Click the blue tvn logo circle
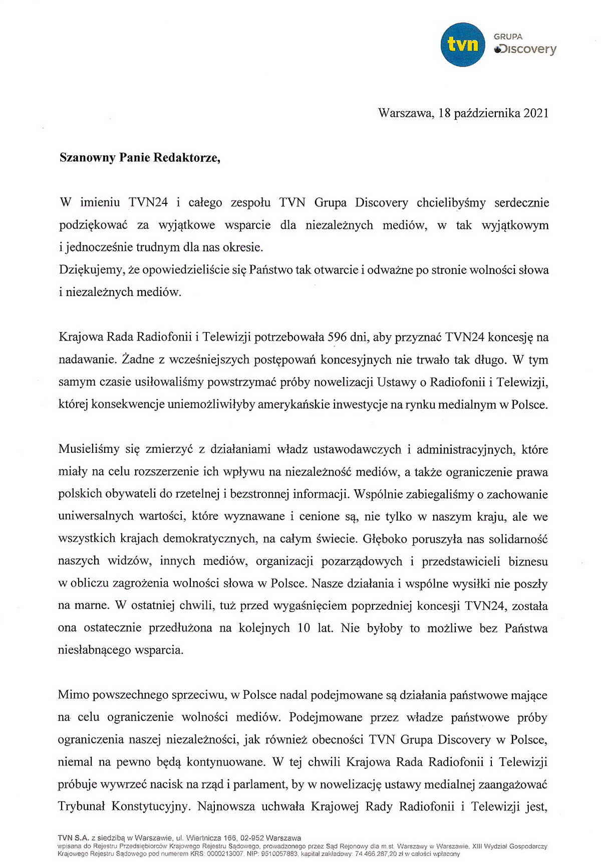coord(462,45)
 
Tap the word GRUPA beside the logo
coord(508,37)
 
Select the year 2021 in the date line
coord(535,113)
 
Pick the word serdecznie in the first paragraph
coord(521,203)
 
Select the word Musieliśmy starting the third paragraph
coord(88,449)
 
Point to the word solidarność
coord(518,539)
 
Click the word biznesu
coord(528,561)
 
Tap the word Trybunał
coord(81,807)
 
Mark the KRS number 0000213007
coord(225,853)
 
